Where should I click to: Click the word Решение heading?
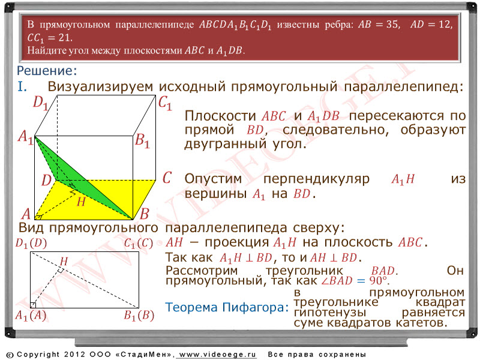click(47, 71)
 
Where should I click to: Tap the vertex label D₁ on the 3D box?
click(41, 103)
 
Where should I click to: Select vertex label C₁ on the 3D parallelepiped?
click(165, 103)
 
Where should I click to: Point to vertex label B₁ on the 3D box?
click(142, 141)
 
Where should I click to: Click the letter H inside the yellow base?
click(81, 202)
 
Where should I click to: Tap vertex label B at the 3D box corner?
click(144, 214)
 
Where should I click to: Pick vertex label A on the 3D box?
click(26, 214)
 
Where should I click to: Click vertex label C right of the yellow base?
click(167, 178)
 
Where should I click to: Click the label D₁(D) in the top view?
click(31, 244)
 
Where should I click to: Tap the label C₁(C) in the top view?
click(139, 244)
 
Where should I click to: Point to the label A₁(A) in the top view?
click(31, 316)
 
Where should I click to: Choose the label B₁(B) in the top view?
click(139, 316)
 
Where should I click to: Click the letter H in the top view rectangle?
click(64, 262)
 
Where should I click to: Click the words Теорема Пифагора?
click(227, 307)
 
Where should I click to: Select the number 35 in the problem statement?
click(392, 24)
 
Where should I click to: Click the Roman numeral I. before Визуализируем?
click(22, 86)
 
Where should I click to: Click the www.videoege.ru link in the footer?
click(217, 355)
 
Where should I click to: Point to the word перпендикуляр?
click(316, 179)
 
